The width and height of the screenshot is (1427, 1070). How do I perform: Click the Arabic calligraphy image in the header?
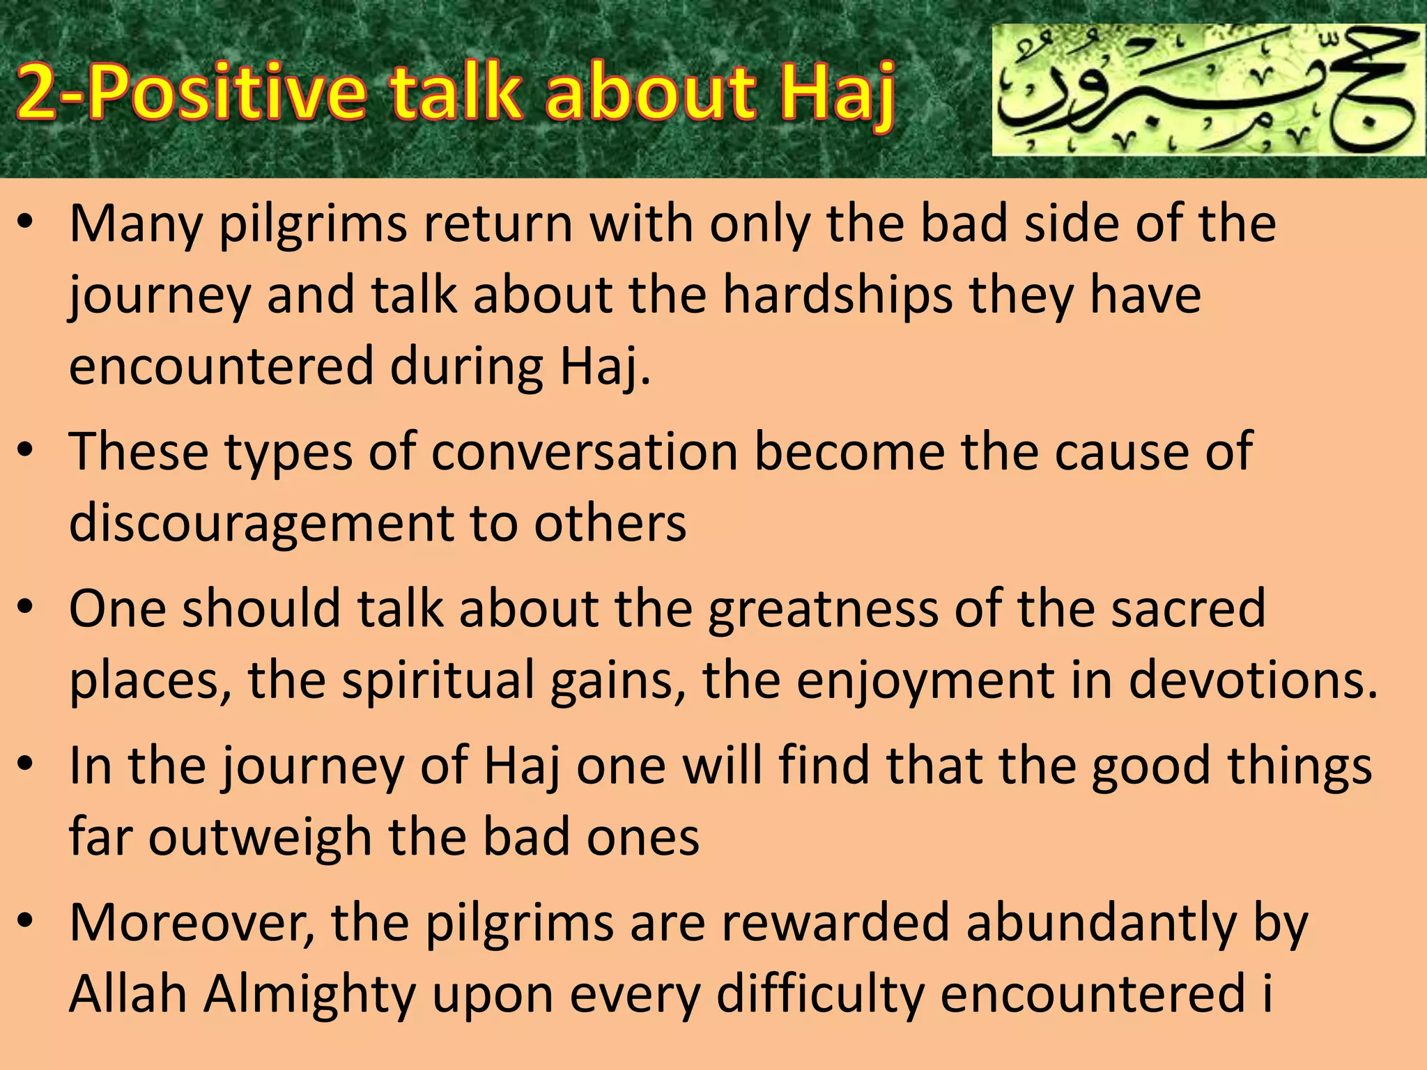pyautogui.click(x=1208, y=90)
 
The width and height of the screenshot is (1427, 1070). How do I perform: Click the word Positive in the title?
pyautogui.click(x=226, y=92)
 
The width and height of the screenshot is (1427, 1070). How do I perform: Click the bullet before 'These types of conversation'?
pyautogui.click(x=26, y=451)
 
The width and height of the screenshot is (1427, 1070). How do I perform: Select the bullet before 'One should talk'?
pyautogui.click(x=26, y=607)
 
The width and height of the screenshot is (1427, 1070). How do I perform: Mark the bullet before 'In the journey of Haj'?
pyautogui.click(x=26, y=764)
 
